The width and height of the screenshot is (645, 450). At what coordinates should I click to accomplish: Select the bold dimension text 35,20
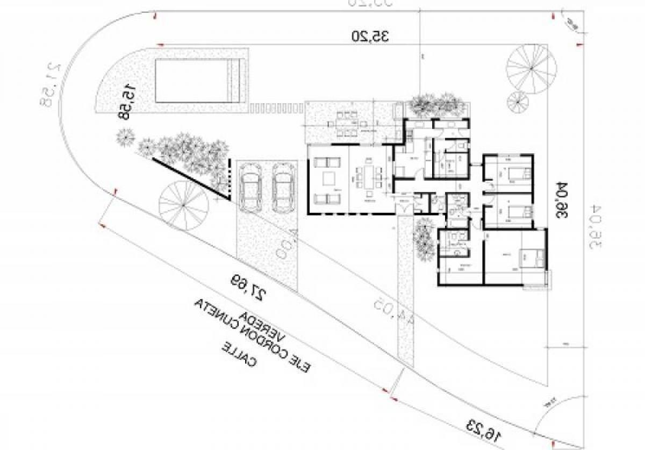tap(370, 37)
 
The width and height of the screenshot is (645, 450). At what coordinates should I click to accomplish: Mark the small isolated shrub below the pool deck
tap(125, 138)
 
